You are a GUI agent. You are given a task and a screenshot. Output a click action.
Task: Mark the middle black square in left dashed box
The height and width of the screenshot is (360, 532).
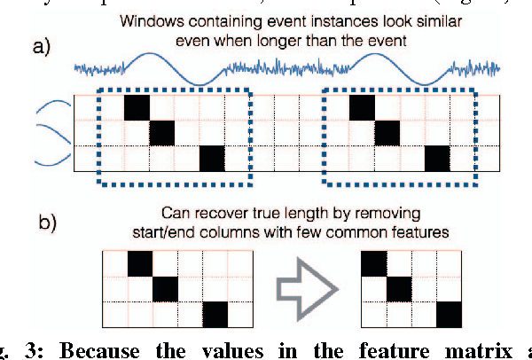pos(162,133)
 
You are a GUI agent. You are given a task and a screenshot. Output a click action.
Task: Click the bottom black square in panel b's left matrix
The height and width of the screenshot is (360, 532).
pos(215,315)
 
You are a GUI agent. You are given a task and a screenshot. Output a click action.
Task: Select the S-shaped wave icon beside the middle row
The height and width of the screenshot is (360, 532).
pos(51,133)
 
